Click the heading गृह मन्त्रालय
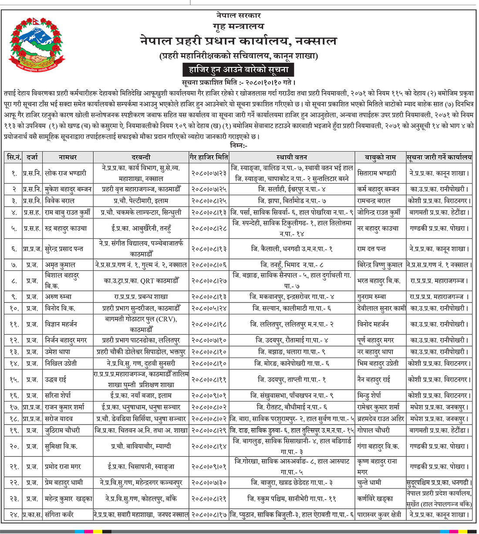(x=239, y=27)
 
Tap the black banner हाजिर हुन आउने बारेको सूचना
(x=239, y=69)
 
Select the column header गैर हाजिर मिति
(x=209, y=157)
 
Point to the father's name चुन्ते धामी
(x=369, y=483)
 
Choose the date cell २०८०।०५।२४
(x=209, y=308)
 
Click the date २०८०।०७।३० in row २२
(x=209, y=483)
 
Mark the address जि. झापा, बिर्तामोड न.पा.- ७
(x=292, y=201)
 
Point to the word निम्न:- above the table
(x=238, y=146)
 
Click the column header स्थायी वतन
(x=292, y=157)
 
